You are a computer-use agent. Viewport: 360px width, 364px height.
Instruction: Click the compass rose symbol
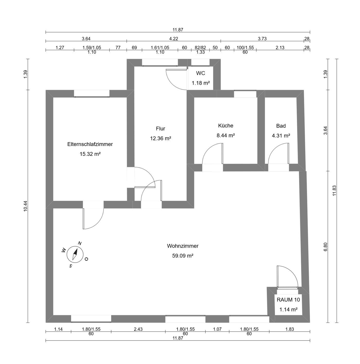click(x=75, y=254)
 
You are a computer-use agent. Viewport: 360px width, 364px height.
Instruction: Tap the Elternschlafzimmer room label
click(x=90, y=144)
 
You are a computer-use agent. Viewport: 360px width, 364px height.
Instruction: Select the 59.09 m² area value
click(x=183, y=256)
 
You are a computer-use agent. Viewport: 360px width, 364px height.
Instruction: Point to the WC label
click(x=200, y=73)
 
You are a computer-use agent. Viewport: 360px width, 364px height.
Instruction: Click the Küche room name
click(x=225, y=125)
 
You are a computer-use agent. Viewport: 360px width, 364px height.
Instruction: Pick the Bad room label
click(x=281, y=126)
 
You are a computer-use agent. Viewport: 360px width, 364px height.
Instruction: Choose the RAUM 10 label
click(x=288, y=300)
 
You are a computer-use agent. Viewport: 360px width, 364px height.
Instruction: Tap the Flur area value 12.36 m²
click(x=161, y=138)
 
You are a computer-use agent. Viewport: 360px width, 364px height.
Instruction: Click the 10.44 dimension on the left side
click(x=25, y=206)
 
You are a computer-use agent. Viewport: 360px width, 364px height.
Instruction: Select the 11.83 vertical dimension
click(x=335, y=190)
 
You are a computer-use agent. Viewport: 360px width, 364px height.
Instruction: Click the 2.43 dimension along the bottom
click(x=138, y=329)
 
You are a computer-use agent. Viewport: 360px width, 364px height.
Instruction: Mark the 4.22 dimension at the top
click(x=174, y=39)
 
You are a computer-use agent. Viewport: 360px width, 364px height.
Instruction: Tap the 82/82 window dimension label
click(x=200, y=48)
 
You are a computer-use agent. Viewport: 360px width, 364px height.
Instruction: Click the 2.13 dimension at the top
click(x=280, y=48)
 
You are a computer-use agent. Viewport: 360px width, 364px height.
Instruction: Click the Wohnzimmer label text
click(x=183, y=246)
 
